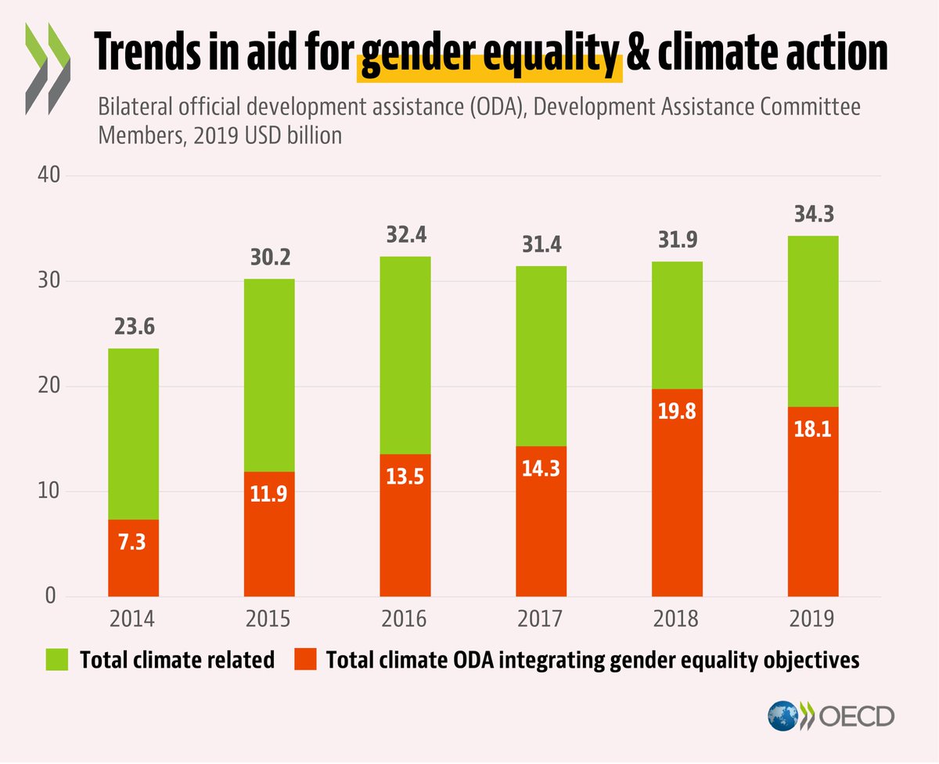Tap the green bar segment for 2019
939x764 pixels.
pos(813,321)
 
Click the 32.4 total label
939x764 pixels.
pos(405,235)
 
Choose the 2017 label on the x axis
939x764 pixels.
pos(541,619)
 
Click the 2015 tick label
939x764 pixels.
pos(268,619)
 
